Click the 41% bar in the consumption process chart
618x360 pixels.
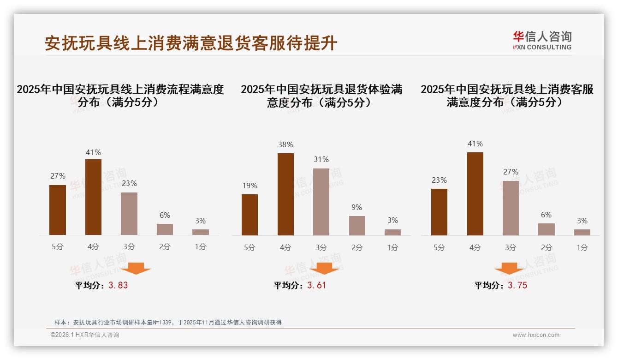[93, 197]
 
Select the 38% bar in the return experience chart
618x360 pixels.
[285, 194]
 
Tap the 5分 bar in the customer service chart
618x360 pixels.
[439, 212]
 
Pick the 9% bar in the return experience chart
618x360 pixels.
[357, 226]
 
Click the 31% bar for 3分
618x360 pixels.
[321, 202]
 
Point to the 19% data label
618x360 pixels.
[250, 186]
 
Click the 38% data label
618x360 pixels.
[285, 144]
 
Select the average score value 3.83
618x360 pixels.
[118, 285]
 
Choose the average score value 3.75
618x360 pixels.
[517, 285]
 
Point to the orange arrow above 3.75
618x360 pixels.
[509, 268]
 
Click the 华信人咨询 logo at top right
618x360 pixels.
[542, 40]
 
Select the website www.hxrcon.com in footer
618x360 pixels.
[536, 335]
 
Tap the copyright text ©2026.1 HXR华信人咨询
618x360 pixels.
[85, 335]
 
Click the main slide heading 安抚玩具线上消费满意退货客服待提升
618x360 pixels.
[191, 43]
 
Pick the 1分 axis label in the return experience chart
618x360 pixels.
[392, 247]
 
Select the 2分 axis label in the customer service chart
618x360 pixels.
[547, 247]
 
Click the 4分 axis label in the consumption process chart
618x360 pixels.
[93, 247]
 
